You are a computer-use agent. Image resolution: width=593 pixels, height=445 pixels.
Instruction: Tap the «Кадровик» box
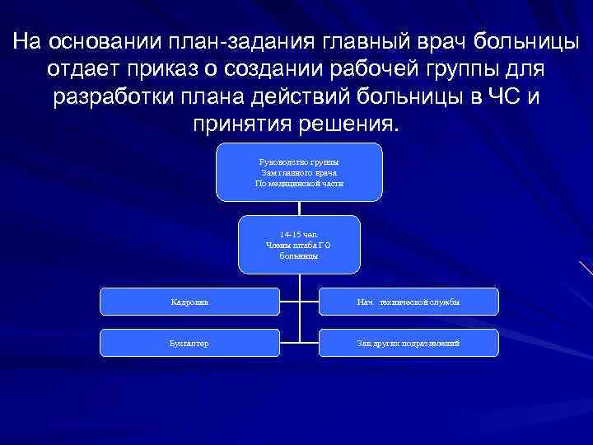[190, 302]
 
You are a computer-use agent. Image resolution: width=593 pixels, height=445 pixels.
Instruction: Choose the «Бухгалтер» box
[190, 342]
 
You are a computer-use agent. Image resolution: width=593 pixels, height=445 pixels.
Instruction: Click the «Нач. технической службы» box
[409, 302]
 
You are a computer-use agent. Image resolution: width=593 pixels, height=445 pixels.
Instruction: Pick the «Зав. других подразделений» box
[409, 342]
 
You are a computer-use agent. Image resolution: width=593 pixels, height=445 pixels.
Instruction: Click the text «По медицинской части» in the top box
[299, 184]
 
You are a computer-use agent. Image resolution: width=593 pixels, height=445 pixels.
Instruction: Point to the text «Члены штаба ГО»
[299, 245]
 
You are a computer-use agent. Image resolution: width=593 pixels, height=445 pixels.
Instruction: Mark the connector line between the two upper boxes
[299, 208]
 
